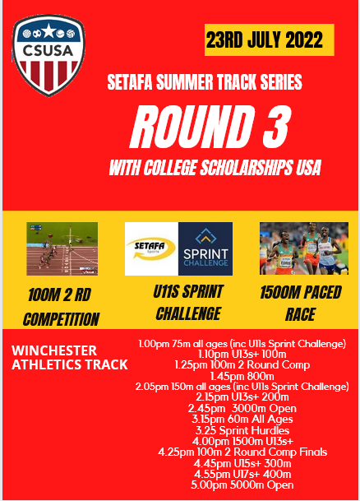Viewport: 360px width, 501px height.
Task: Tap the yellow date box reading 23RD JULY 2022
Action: [269, 39]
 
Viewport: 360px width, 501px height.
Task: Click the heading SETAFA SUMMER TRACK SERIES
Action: [205, 82]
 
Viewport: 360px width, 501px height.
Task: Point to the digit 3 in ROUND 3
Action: [274, 126]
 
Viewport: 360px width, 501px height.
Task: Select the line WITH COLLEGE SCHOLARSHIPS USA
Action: [215, 168]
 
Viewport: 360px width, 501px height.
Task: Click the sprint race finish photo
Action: [62, 248]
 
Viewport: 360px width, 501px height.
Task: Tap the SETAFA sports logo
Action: [151, 248]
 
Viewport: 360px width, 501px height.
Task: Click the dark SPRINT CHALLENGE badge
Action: [205, 248]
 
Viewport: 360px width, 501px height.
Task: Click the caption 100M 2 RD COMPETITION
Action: [61, 308]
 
